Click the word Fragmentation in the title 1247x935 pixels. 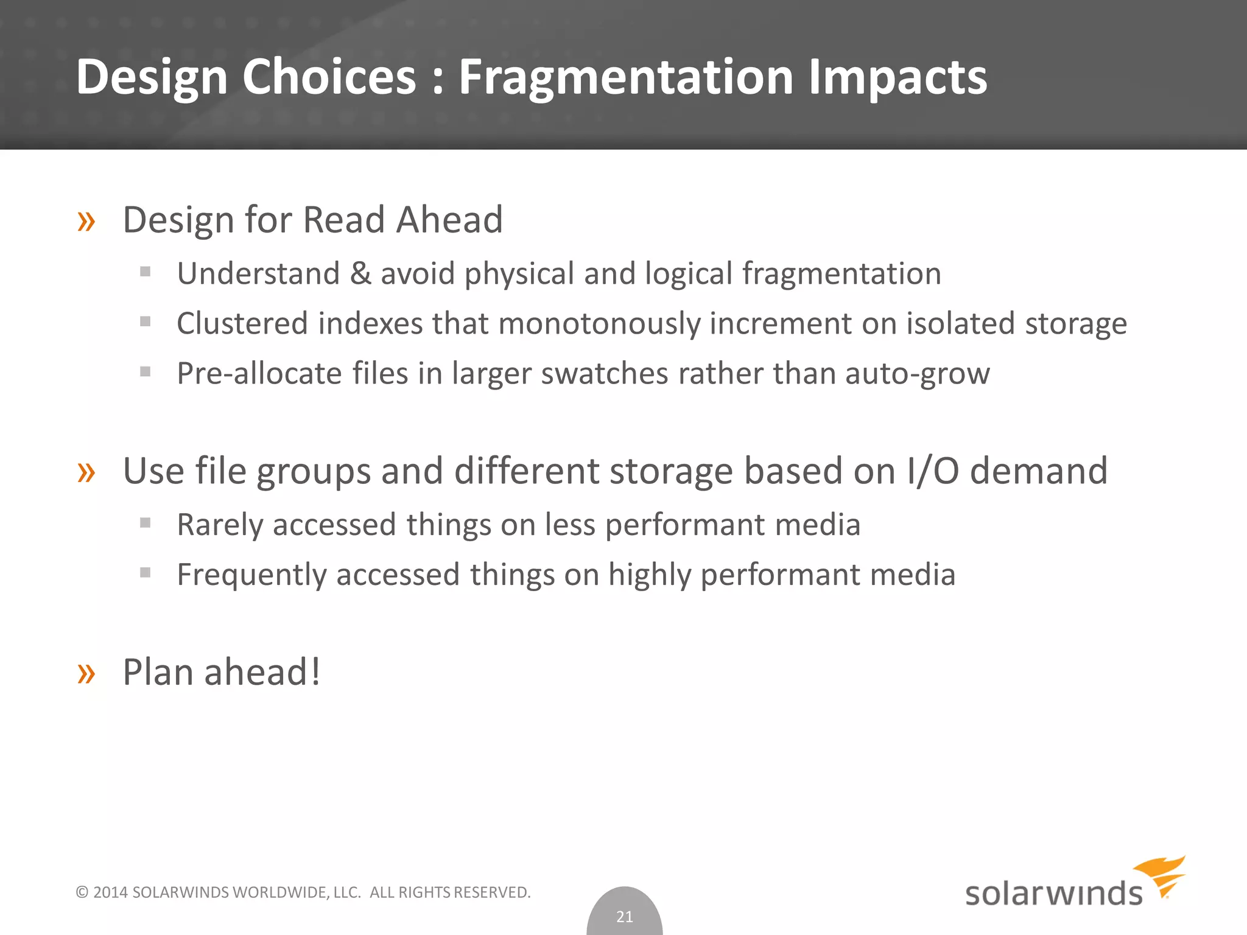coord(625,77)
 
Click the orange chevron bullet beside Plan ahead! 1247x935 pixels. coord(86,673)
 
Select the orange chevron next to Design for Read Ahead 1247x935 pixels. coord(86,222)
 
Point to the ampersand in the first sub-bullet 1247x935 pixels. coord(360,273)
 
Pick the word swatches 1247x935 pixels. coord(604,373)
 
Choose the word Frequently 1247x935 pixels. coord(251,575)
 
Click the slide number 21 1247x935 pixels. coord(625,916)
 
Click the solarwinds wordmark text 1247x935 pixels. coord(1053,894)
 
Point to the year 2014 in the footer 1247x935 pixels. coord(110,892)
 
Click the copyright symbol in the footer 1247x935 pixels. coord(82,892)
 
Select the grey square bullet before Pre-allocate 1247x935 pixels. coord(145,371)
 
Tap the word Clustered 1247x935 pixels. coord(242,323)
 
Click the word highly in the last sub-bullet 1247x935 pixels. coord(650,575)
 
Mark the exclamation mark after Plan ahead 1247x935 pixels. coord(315,672)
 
